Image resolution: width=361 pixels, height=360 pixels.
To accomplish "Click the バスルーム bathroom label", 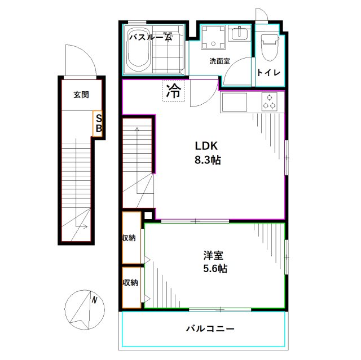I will click(150, 38).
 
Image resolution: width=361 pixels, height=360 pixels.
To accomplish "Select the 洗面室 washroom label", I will click(219, 61).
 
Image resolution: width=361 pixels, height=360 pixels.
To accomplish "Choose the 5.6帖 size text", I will click(214, 269).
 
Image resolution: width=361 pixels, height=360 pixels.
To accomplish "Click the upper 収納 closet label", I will click(130, 238).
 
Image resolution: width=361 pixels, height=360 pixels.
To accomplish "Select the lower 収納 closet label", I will click(130, 282).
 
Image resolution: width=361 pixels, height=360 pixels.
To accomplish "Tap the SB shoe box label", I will click(98, 123).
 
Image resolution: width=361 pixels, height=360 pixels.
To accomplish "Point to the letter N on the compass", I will click(95, 300).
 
